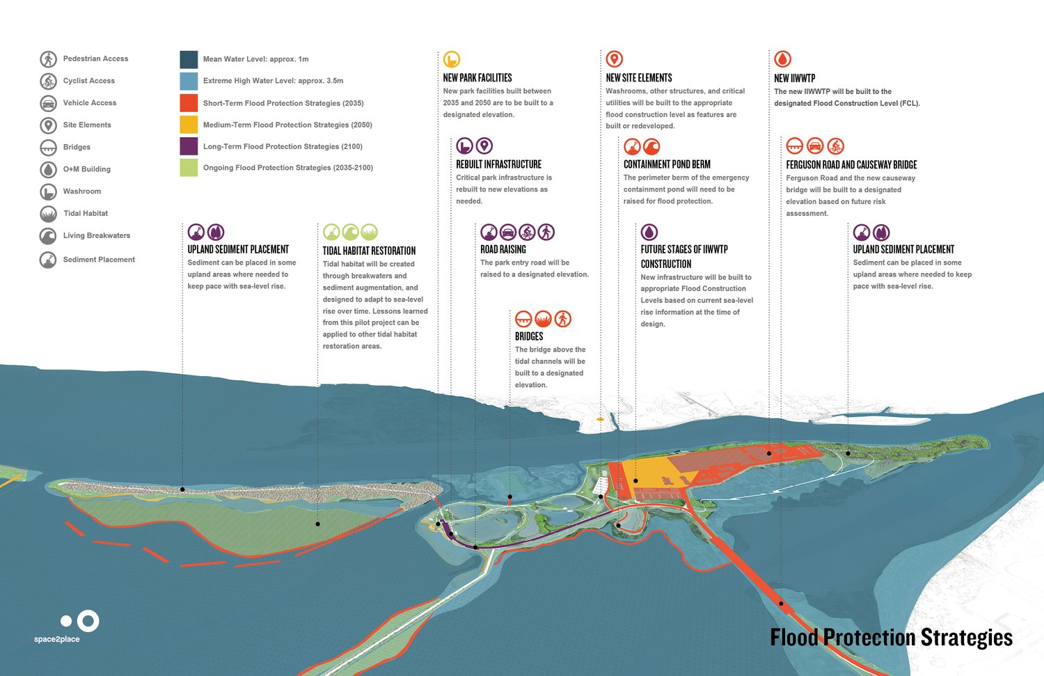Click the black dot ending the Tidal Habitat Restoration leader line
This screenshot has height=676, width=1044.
318,524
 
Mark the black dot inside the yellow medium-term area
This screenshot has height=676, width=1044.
635,480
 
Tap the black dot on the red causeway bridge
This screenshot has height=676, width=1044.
781,604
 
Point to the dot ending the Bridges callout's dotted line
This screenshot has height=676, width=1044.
510,497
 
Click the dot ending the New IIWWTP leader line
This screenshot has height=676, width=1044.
769,453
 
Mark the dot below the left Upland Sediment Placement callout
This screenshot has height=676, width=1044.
182,489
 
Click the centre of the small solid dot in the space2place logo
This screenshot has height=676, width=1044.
66,621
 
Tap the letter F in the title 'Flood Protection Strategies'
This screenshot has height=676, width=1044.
775,637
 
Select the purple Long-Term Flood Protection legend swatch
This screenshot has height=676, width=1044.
189,146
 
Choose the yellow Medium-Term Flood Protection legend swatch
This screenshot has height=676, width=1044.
189,125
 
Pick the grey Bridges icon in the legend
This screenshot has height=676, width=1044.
49,148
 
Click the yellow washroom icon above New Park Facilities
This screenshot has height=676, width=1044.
452,59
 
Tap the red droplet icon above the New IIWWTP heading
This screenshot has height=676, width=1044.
783,59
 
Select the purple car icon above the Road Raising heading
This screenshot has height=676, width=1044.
508,232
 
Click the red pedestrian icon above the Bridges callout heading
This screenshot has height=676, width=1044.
563,319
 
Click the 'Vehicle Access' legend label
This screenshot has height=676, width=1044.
90,102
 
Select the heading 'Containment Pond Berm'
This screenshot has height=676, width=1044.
667,164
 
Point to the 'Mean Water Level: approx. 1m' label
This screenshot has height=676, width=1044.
256,59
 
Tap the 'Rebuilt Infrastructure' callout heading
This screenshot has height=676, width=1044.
499,164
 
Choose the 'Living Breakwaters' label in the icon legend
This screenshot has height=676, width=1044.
97,235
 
